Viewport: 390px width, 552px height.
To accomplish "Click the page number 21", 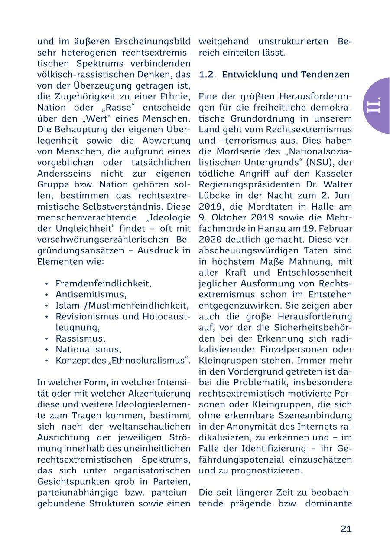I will pos(346,529).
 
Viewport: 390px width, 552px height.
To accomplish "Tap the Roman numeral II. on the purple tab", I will pos(374,105).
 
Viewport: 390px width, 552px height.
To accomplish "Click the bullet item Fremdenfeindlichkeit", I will pos(103,283).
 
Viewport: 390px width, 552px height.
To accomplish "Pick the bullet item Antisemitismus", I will pos(91,295).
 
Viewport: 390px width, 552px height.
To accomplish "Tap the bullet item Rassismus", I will pos(80,338).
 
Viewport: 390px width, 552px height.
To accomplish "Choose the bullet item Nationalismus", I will pos(88,349).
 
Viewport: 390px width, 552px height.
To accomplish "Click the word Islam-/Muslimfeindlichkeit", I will pos(122,306).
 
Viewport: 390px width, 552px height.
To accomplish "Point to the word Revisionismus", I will pos(89,316).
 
